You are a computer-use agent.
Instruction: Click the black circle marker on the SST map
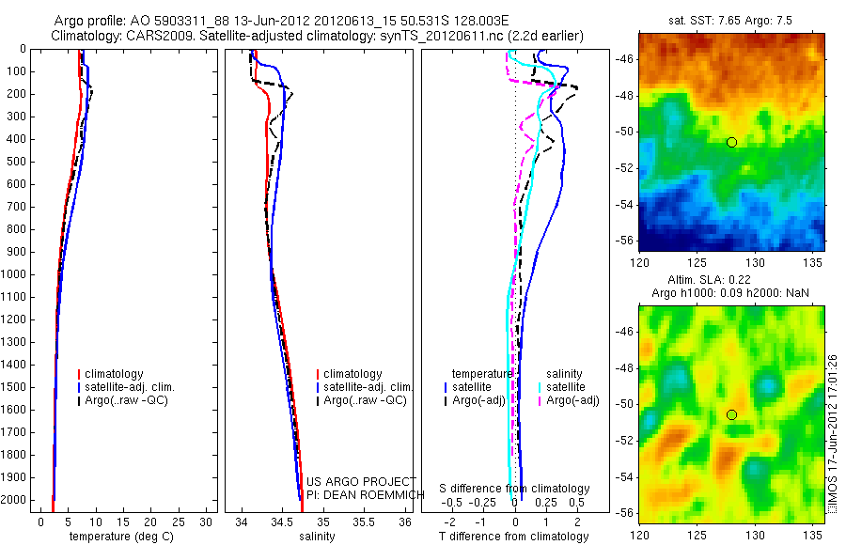click(731, 142)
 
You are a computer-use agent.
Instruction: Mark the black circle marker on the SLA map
click(731, 414)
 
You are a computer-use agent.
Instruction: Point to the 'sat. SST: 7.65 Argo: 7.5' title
click(731, 19)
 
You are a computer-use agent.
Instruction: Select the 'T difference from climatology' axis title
click(514, 537)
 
